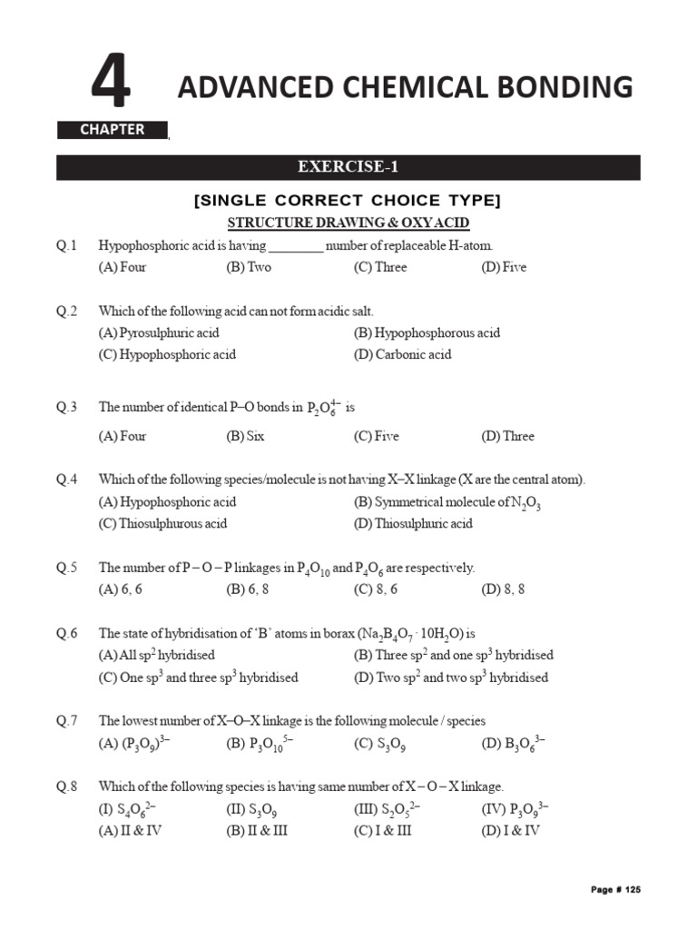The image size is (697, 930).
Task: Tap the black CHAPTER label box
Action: pyautogui.click(x=113, y=130)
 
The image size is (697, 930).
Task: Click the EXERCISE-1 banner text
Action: pyautogui.click(x=348, y=167)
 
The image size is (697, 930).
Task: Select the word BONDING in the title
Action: pyautogui.click(x=571, y=87)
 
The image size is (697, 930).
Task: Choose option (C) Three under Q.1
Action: pyautogui.click(x=380, y=267)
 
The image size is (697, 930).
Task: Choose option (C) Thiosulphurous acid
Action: pyautogui.click(x=162, y=523)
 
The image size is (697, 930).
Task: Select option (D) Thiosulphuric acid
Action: pyautogui.click(x=413, y=523)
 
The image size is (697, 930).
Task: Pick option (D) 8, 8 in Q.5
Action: pyautogui.click(x=503, y=589)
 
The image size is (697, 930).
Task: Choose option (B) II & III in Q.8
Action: pyautogui.click(x=257, y=830)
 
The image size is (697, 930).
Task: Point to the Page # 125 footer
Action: pyautogui.click(x=615, y=890)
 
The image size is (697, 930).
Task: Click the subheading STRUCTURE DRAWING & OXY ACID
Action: pyautogui.click(x=348, y=223)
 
